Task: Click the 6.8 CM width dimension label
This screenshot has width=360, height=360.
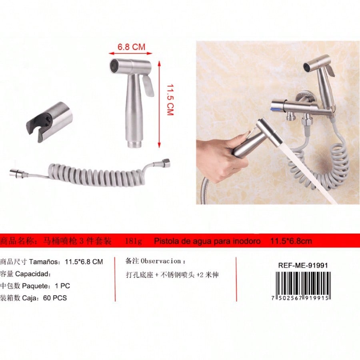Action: pos(132,47)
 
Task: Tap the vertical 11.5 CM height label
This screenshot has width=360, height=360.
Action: pos(170,100)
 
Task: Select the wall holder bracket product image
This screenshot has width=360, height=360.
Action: pos(49,122)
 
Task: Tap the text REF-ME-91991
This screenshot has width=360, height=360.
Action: pos(303,266)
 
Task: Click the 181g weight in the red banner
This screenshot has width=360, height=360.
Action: pos(134,241)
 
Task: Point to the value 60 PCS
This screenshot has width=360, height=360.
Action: pos(55,298)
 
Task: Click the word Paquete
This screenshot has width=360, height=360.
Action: pos(36,286)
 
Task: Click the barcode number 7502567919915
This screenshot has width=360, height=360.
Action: pos(301,298)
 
